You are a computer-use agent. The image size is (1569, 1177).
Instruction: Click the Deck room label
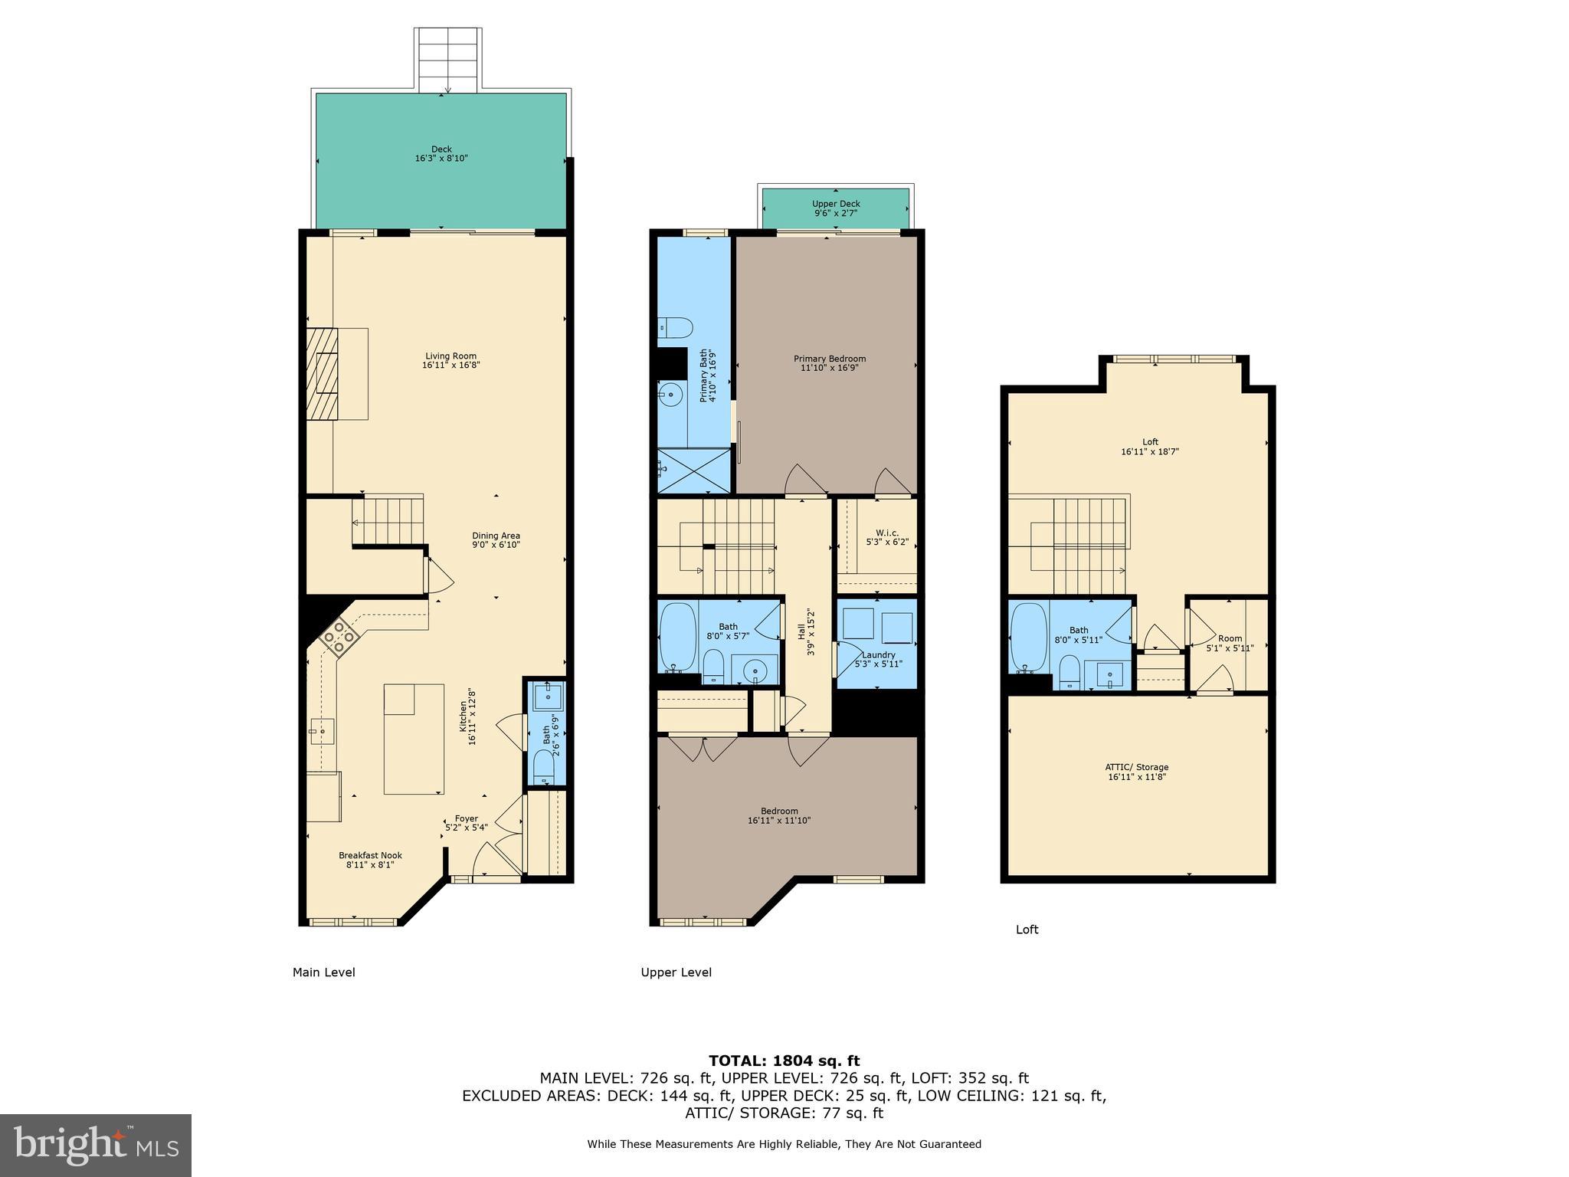tap(441, 149)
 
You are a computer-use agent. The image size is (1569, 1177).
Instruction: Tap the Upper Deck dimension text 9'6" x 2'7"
tap(836, 213)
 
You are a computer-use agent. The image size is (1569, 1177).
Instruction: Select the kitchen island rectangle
tap(414, 739)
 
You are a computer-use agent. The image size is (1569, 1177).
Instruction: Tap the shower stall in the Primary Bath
tap(694, 470)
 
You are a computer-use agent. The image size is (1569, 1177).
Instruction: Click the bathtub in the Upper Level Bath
tap(677, 638)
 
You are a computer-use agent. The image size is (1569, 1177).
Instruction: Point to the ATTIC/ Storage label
tap(1137, 767)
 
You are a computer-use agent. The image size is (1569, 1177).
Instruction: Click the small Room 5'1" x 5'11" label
tap(1230, 638)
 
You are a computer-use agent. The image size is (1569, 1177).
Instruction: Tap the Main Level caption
tap(323, 972)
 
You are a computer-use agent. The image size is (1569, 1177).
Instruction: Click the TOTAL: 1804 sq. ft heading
tap(784, 1061)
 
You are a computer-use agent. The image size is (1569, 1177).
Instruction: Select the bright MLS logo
tap(96, 1145)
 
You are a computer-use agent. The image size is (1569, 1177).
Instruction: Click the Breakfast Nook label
tap(370, 855)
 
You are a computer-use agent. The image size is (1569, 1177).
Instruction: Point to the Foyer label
tap(466, 818)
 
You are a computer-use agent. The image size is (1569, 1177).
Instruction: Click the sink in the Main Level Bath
tap(549, 697)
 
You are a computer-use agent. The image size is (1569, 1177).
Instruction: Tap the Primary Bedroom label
tap(830, 359)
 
